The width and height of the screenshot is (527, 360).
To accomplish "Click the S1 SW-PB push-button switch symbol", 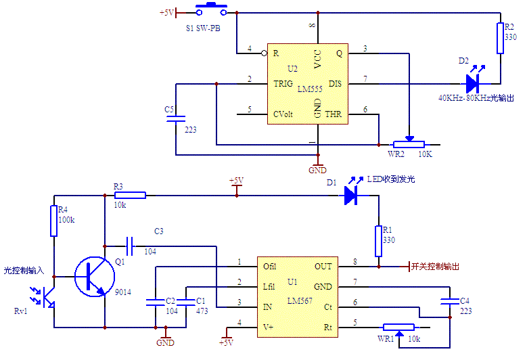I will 211,10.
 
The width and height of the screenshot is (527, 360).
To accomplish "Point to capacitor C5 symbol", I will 176,118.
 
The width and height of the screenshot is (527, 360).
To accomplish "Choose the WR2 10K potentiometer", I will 409,143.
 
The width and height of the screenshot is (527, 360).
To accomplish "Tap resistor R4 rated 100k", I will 53,221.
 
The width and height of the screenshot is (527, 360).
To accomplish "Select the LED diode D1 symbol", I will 350,195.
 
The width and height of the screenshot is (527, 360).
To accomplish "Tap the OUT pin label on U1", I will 323,267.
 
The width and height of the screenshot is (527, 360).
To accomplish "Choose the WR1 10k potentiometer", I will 398,328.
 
